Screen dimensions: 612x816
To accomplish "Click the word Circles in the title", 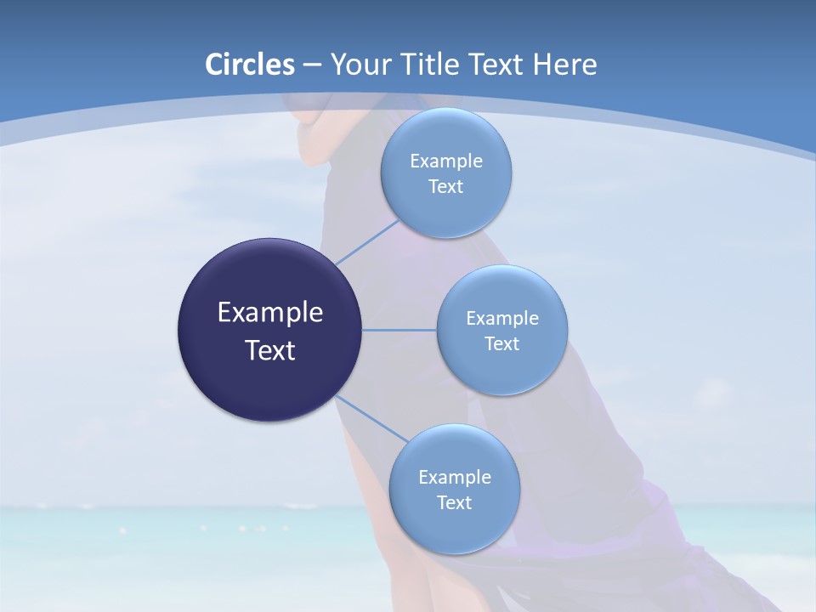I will (x=250, y=65).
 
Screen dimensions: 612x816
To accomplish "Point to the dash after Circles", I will (x=312, y=65).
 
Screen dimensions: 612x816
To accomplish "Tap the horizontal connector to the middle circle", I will (x=399, y=330).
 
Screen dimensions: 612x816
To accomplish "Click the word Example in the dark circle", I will (x=270, y=313).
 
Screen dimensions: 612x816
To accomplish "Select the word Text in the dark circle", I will (x=270, y=350).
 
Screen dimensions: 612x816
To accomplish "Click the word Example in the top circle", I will (x=446, y=161).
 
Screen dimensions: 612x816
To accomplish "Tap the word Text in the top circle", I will (x=446, y=187).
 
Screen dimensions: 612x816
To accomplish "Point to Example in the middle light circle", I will (x=502, y=319).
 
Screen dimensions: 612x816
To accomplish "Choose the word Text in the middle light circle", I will (x=502, y=344).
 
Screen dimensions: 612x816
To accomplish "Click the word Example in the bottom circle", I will (x=455, y=478).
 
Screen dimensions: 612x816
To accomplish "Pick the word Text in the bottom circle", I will (x=455, y=503).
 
